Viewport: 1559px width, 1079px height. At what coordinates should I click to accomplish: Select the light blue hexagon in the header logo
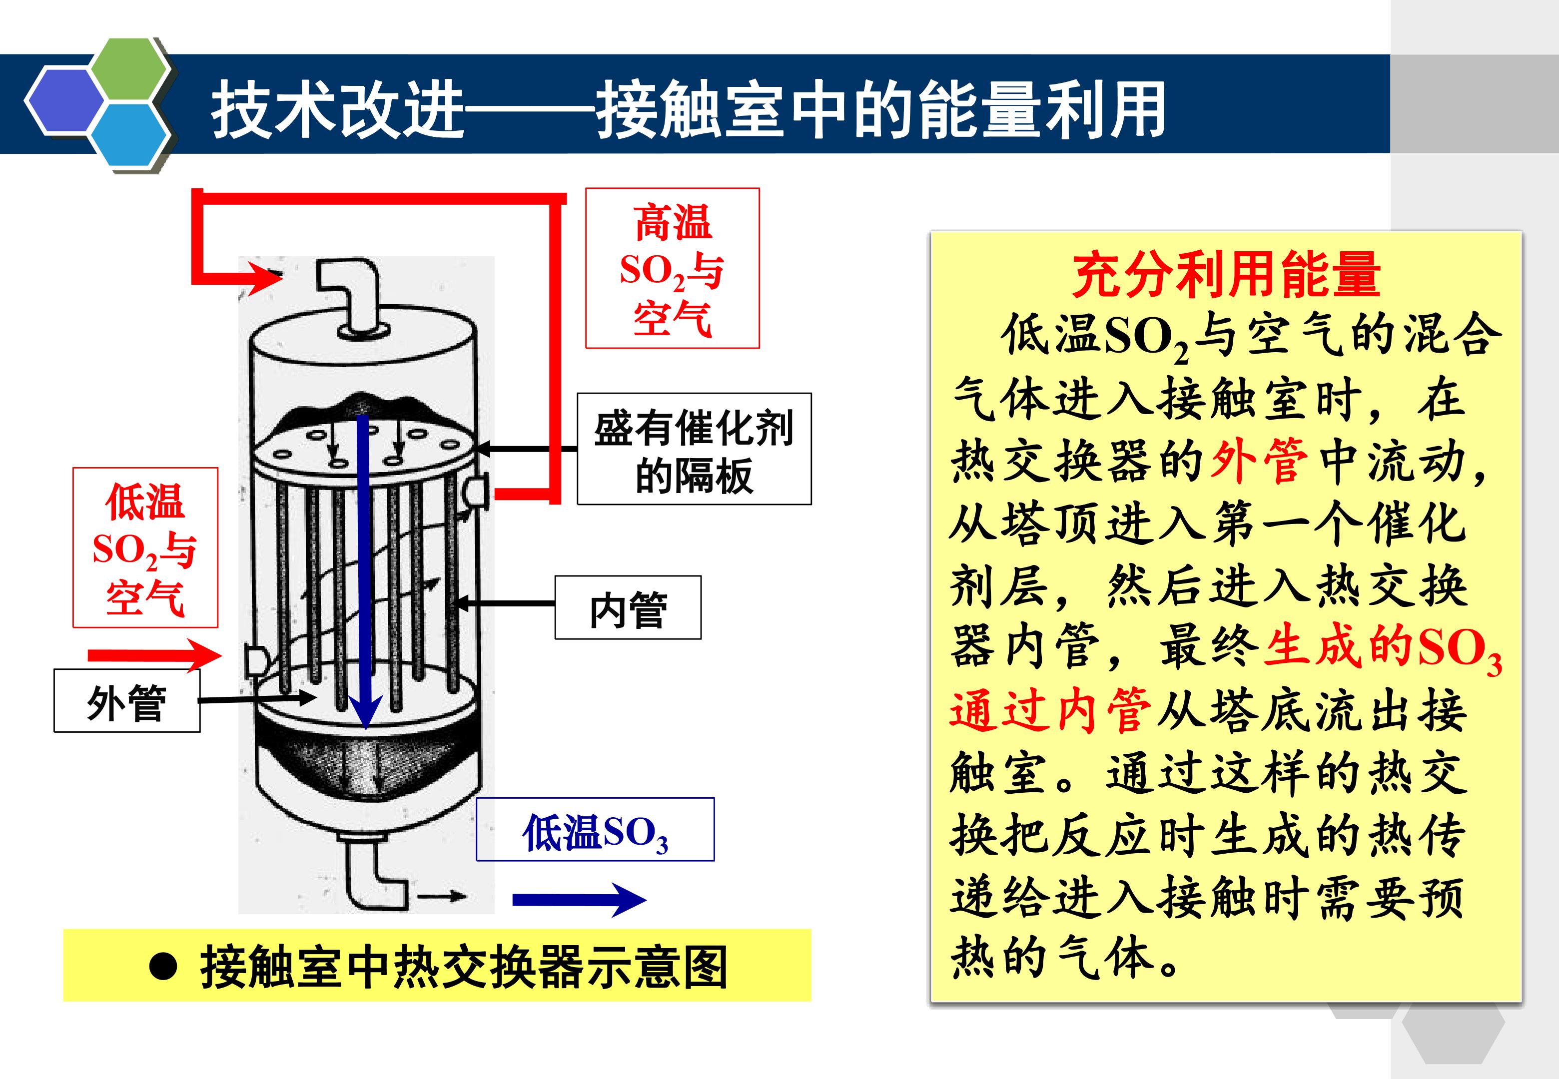130,135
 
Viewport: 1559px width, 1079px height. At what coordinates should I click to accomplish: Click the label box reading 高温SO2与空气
672,268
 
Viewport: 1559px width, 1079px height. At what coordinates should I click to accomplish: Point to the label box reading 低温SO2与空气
145,547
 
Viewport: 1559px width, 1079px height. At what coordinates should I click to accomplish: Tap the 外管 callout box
127,700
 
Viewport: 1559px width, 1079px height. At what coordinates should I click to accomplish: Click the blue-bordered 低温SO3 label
595,830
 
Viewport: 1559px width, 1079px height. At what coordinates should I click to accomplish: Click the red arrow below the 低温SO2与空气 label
155,654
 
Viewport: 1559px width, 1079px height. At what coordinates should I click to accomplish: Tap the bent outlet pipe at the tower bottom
375,872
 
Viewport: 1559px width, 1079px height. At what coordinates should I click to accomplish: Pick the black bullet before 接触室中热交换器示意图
163,968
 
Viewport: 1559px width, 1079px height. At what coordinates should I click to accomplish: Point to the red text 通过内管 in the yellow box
1050,710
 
